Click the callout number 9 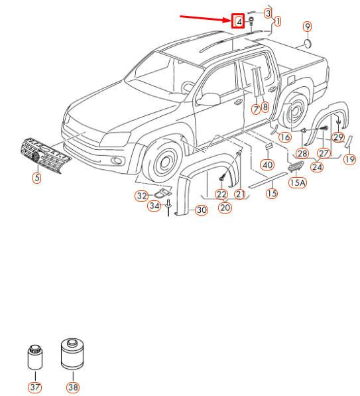[x=307, y=26]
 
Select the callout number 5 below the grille [x=37, y=177]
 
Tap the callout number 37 [x=33, y=387]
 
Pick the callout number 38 [x=72, y=387]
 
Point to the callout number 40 [x=267, y=165]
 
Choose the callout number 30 [x=201, y=210]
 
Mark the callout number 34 [x=154, y=206]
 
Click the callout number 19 [x=350, y=159]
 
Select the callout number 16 [x=284, y=137]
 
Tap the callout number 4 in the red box [x=239, y=21]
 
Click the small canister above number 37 [x=33, y=359]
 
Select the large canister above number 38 [x=71, y=354]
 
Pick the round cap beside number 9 [x=308, y=44]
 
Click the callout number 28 [x=303, y=153]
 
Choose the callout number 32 [x=141, y=196]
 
